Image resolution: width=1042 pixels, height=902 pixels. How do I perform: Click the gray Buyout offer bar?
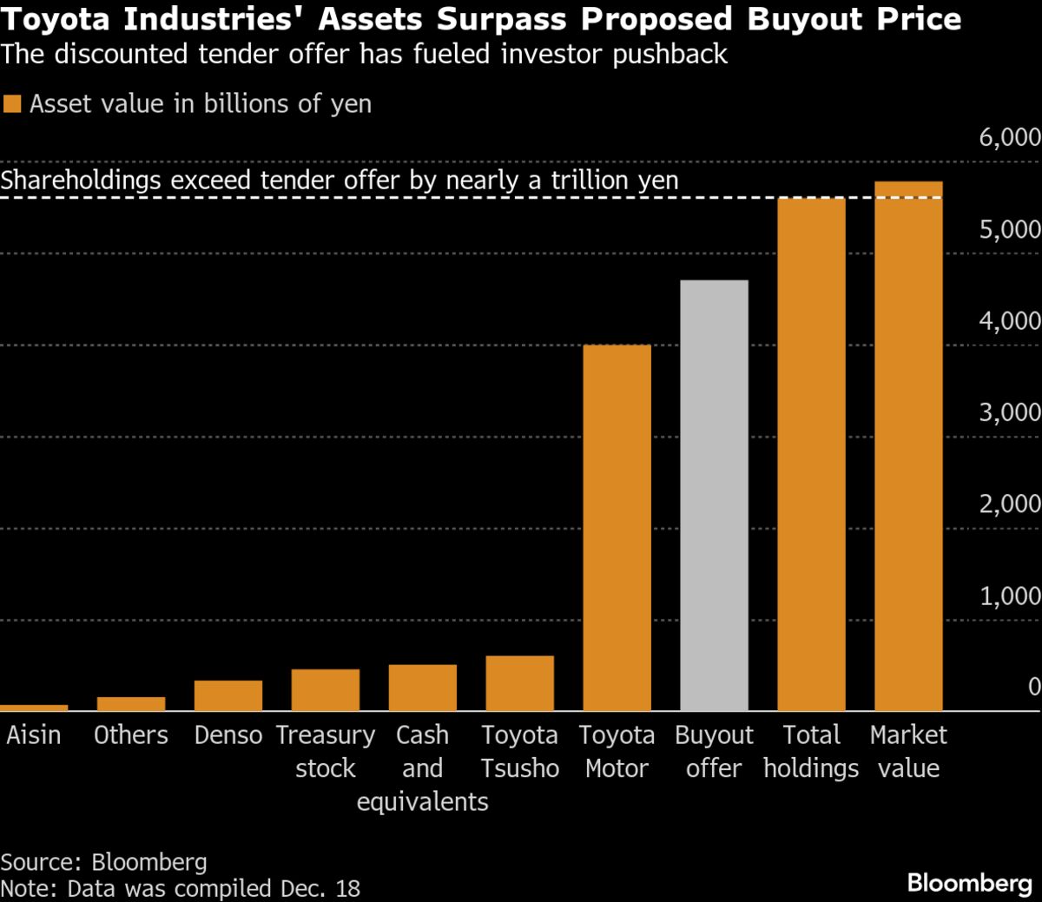click(714, 495)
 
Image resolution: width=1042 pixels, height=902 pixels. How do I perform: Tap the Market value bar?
click(908, 446)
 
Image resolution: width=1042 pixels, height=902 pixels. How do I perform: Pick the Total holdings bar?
click(811, 455)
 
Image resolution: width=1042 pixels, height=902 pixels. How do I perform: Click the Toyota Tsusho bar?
click(519, 684)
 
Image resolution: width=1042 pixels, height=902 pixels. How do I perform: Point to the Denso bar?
click(228, 696)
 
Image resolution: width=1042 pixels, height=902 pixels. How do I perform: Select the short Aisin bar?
click(34, 708)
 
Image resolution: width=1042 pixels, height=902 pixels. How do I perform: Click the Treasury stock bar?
click(326, 690)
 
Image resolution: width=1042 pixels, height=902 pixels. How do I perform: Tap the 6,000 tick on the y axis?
click(1009, 137)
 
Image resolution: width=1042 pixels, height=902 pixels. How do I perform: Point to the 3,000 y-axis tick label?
click(1009, 412)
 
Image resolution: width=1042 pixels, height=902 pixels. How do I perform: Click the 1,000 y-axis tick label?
click(1009, 596)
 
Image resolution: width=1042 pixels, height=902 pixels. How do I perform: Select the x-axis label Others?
click(131, 735)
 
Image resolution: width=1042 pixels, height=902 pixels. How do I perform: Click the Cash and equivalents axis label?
click(423, 768)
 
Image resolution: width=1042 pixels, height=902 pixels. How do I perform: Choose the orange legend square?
click(11, 105)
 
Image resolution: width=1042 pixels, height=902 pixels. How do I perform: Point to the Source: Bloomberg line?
click(104, 862)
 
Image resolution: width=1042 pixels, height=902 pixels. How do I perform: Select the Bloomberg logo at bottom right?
click(969, 884)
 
